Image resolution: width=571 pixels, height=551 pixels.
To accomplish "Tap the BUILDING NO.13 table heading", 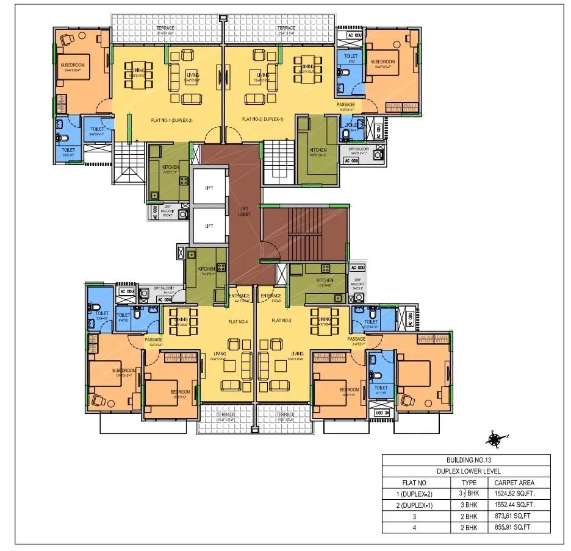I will coord(466,460).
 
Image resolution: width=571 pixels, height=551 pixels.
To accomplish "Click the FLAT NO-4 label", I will coord(237,320).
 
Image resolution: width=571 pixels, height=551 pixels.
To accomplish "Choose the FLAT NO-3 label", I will coord(281,320).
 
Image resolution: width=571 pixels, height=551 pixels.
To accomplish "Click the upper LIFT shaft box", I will coord(209,188).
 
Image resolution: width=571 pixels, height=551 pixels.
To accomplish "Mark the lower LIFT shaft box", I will coord(209,226).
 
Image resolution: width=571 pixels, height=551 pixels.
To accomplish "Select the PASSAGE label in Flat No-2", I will coord(345,105).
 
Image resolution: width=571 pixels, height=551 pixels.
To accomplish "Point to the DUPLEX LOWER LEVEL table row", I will coord(466,471).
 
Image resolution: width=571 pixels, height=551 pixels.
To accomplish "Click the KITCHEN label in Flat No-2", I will coord(318,150).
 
